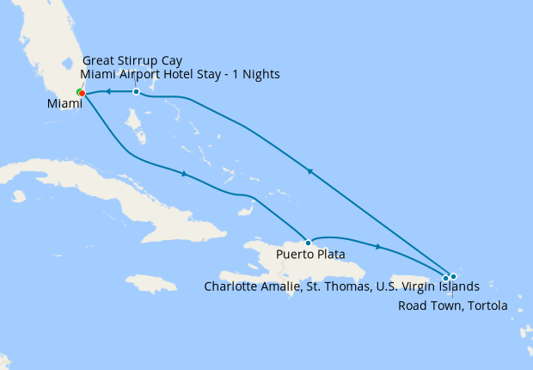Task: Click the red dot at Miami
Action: pos(82,93)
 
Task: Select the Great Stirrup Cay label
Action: pos(132,60)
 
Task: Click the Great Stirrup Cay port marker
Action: pos(136,91)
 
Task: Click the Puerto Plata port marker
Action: pos(308,242)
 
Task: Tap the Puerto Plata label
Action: pos(310,255)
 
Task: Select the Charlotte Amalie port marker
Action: pos(446,277)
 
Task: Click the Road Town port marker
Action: pos(453,275)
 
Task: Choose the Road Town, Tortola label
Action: pos(453,305)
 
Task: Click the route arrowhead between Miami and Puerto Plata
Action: pos(183,174)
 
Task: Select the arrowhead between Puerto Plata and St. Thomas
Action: pos(378,247)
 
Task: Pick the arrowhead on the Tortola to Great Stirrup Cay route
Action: pos(309,172)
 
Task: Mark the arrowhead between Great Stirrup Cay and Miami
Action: pos(108,91)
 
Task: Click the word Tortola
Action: pos(487,305)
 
